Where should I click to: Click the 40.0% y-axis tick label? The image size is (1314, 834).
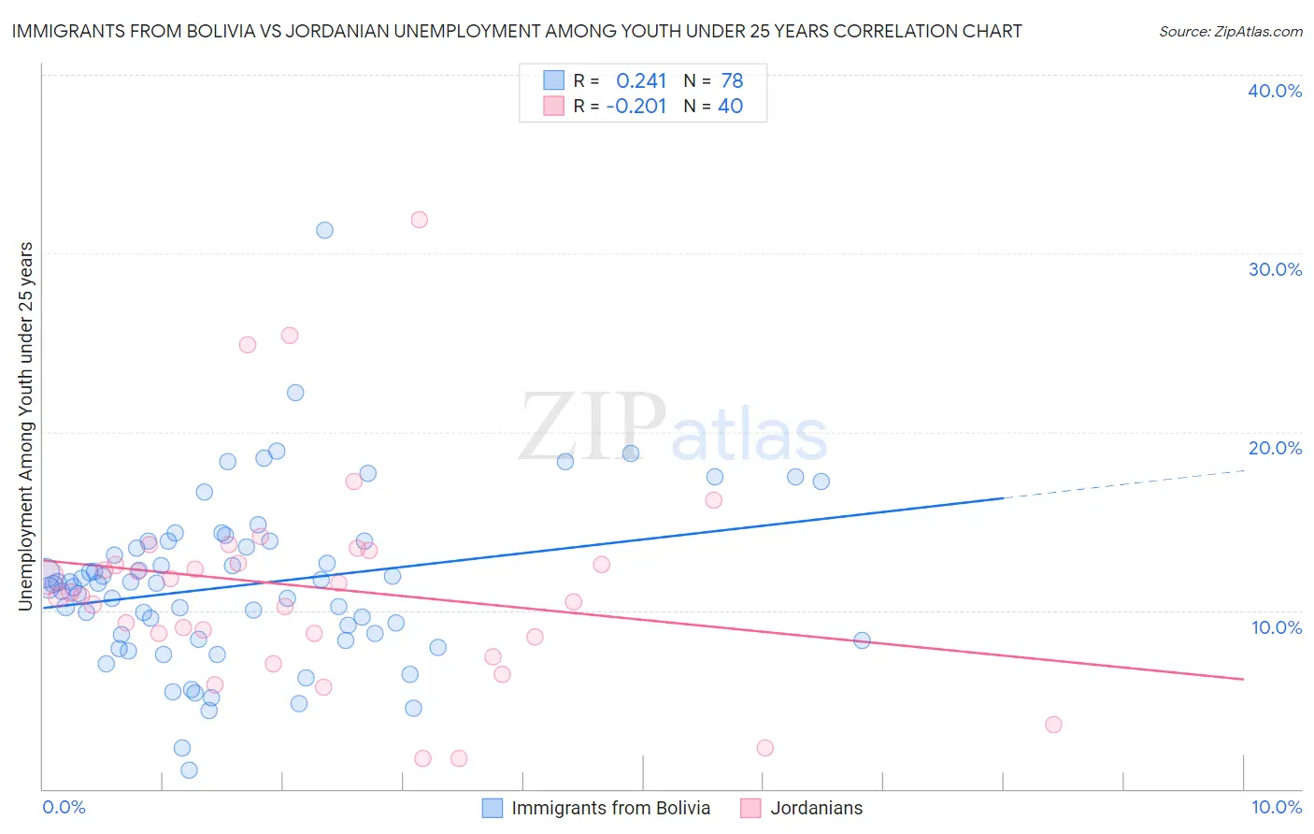1275,91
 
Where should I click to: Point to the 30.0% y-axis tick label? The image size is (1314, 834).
1275,269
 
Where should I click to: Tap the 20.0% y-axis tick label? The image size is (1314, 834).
1275,448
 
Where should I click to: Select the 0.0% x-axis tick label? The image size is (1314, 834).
64,807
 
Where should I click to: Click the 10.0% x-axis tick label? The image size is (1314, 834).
1276,807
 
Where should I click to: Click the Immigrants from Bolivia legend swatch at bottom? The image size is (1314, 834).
493,808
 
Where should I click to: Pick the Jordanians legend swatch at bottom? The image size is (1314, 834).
750,808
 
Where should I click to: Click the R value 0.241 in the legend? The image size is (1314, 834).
641,80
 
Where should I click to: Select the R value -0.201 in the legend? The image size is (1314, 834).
636,106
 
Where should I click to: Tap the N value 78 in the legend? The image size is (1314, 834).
732,80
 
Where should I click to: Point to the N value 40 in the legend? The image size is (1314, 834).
730,106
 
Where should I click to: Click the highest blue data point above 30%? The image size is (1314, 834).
324,230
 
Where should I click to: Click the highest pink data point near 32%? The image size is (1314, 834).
420,220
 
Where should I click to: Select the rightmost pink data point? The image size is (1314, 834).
1053,725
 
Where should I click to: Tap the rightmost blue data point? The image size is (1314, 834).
862,640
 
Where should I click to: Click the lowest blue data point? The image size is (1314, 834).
189,770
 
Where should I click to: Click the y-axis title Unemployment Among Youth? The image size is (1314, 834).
25,426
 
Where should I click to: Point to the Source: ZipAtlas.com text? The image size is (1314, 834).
1230,32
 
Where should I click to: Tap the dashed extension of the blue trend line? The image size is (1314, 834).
1121,484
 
